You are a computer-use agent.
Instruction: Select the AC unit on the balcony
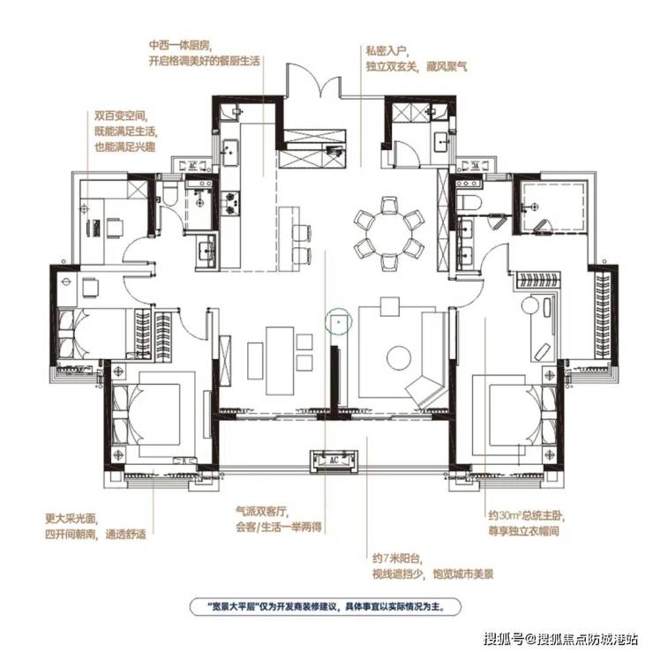click(x=334, y=461)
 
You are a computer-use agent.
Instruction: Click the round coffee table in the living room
click(x=399, y=357)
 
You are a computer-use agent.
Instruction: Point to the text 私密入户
click(x=386, y=51)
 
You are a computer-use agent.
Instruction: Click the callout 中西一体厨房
click(x=178, y=44)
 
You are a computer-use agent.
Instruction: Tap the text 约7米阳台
click(x=397, y=558)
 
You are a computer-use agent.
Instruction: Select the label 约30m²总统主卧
click(x=526, y=515)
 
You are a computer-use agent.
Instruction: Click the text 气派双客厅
click(x=262, y=511)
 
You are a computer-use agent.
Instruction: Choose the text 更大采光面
click(x=71, y=519)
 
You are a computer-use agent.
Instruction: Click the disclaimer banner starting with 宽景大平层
click(x=326, y=606)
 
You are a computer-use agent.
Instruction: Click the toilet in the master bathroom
click(x=469, y=202)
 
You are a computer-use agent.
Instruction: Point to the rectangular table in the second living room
click(x=281, y=360)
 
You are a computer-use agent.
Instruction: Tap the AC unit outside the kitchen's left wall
click(x=193, y=166)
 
